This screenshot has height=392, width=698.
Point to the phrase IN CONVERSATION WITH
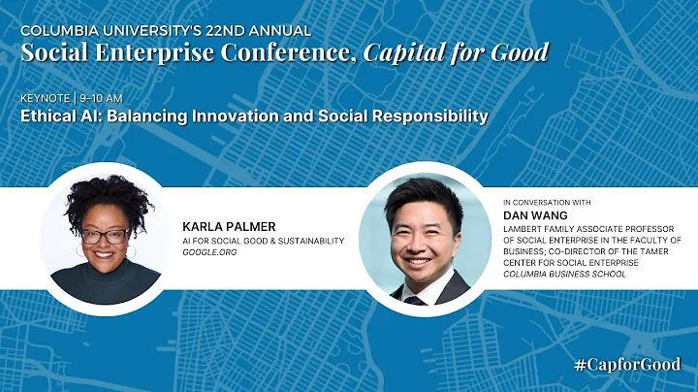coord(548,202)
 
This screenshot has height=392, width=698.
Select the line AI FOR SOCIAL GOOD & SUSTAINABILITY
coord(262,239)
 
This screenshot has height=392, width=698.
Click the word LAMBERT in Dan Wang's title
coord(525,226)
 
